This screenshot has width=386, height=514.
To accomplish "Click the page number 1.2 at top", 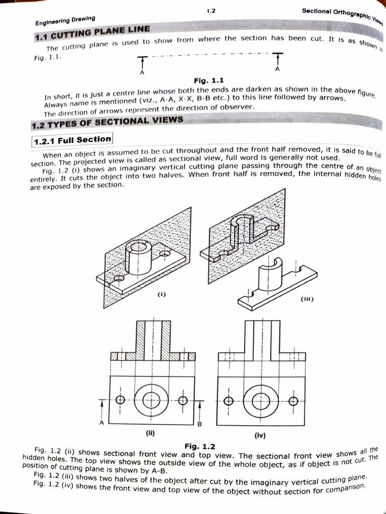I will point(211,10).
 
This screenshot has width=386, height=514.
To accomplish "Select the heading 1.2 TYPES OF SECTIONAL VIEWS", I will point(107,121).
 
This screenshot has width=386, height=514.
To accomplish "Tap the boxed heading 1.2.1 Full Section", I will point(73,140).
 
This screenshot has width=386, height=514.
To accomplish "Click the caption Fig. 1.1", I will point(209,80).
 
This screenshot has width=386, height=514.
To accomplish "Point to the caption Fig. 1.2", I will point(200,446).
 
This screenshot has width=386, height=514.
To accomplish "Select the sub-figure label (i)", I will point(161,295).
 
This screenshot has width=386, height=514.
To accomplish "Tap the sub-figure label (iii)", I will point(307,300).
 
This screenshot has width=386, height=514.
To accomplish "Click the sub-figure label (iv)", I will point(260,436).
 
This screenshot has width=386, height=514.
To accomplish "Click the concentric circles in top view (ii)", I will point(151,400).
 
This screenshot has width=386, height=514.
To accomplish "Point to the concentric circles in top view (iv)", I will point(261,401).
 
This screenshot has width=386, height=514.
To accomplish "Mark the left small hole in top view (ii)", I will point(120,400).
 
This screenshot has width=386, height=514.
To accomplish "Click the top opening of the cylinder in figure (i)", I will point(136,246).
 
